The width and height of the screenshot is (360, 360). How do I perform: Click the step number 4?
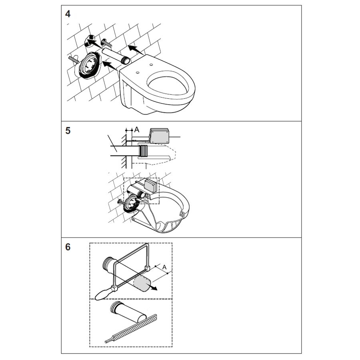[x=68, y=14]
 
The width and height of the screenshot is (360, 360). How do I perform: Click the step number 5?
[x=68, y=131]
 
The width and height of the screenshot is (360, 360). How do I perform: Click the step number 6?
[x=68, y=247]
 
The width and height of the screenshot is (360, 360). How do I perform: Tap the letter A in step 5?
[x=137, y=130]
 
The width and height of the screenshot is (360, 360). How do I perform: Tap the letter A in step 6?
[x=164, y=267]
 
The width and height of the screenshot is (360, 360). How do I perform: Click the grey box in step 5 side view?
[x=159, y=136]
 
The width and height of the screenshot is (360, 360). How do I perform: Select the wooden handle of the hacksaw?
[x=104, y=294]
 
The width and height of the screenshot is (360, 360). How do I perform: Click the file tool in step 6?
[x=131, y=329]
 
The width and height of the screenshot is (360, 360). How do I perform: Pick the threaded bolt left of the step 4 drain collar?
[x=74, y=60]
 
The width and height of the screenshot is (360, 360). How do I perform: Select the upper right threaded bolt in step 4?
[x=106, y=43]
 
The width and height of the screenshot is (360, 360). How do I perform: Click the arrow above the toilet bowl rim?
[x=136, y=50]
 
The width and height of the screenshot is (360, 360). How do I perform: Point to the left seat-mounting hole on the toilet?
[x=137, y=73]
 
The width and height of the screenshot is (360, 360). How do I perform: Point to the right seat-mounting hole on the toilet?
[x=151, y=65]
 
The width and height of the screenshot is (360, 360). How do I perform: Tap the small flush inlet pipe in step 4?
[x=116, y=56]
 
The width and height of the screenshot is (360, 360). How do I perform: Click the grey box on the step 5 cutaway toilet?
[x=151, y=186]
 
